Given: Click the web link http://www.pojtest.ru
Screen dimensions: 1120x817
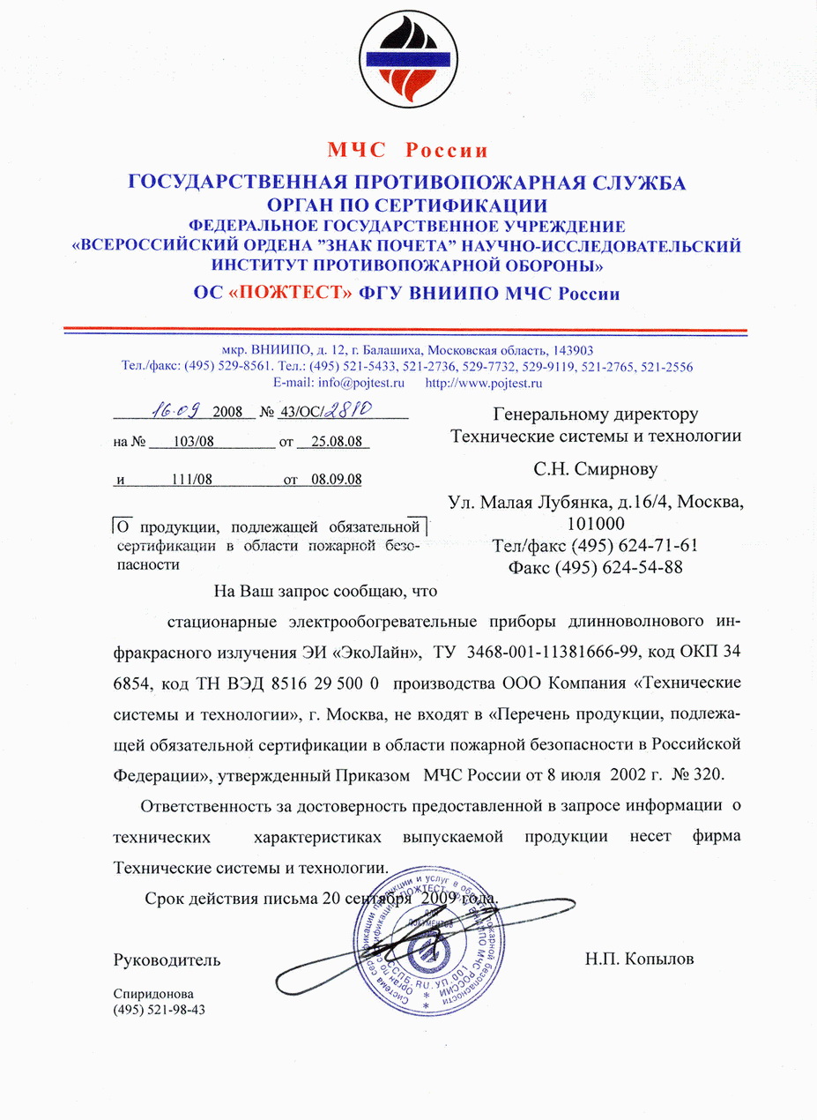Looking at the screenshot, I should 484,383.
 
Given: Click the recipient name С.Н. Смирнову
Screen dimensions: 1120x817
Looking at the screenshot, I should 595,468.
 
